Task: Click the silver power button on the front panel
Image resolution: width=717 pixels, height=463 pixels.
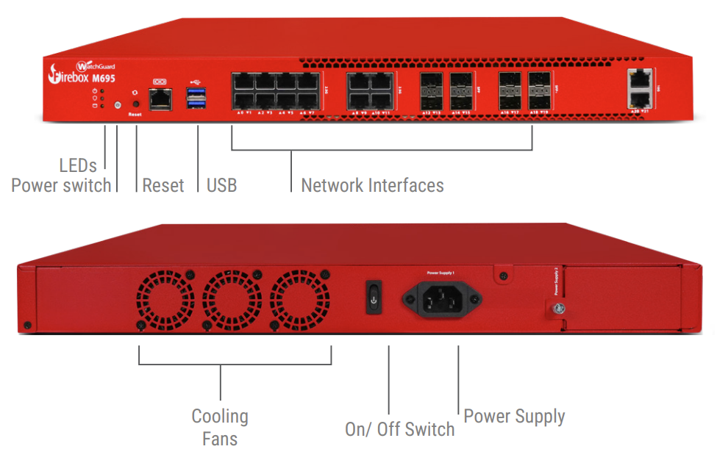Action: pyautogui.click(x=118, y=106)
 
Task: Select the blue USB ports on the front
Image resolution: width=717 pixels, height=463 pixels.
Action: pyautogui.click(x=196, y=98)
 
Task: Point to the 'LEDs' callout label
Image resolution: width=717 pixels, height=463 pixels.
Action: pyautogui.click(x=78, y=165)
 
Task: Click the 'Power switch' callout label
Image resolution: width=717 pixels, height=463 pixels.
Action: pyautogui.click(x=61, y=185)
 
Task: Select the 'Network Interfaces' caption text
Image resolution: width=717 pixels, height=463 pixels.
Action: pyautogui.click(x=372, y=185)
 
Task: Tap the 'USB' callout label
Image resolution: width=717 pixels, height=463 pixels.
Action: pyautogui.click(x=221, y=185)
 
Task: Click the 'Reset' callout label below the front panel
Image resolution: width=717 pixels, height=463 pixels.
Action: pyautogui.click(x=163, y=185)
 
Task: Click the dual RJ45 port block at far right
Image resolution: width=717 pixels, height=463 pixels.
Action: pyautogui.click(x=640, y=87)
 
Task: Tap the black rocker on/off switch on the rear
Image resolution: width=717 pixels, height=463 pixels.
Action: pyautogui.click(x=374, y=298)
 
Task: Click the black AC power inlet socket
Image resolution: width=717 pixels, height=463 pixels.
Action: pyautogui.click(x=441, y=298)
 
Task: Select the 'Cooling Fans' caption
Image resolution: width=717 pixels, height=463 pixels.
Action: pyautogui.click(x=220, y=428)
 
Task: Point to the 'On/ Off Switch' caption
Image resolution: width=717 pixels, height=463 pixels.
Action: pyautogui.click(x=399, y=429)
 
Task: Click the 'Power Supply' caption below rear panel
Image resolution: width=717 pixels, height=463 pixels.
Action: pyautogui.click(x=514, y=417)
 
